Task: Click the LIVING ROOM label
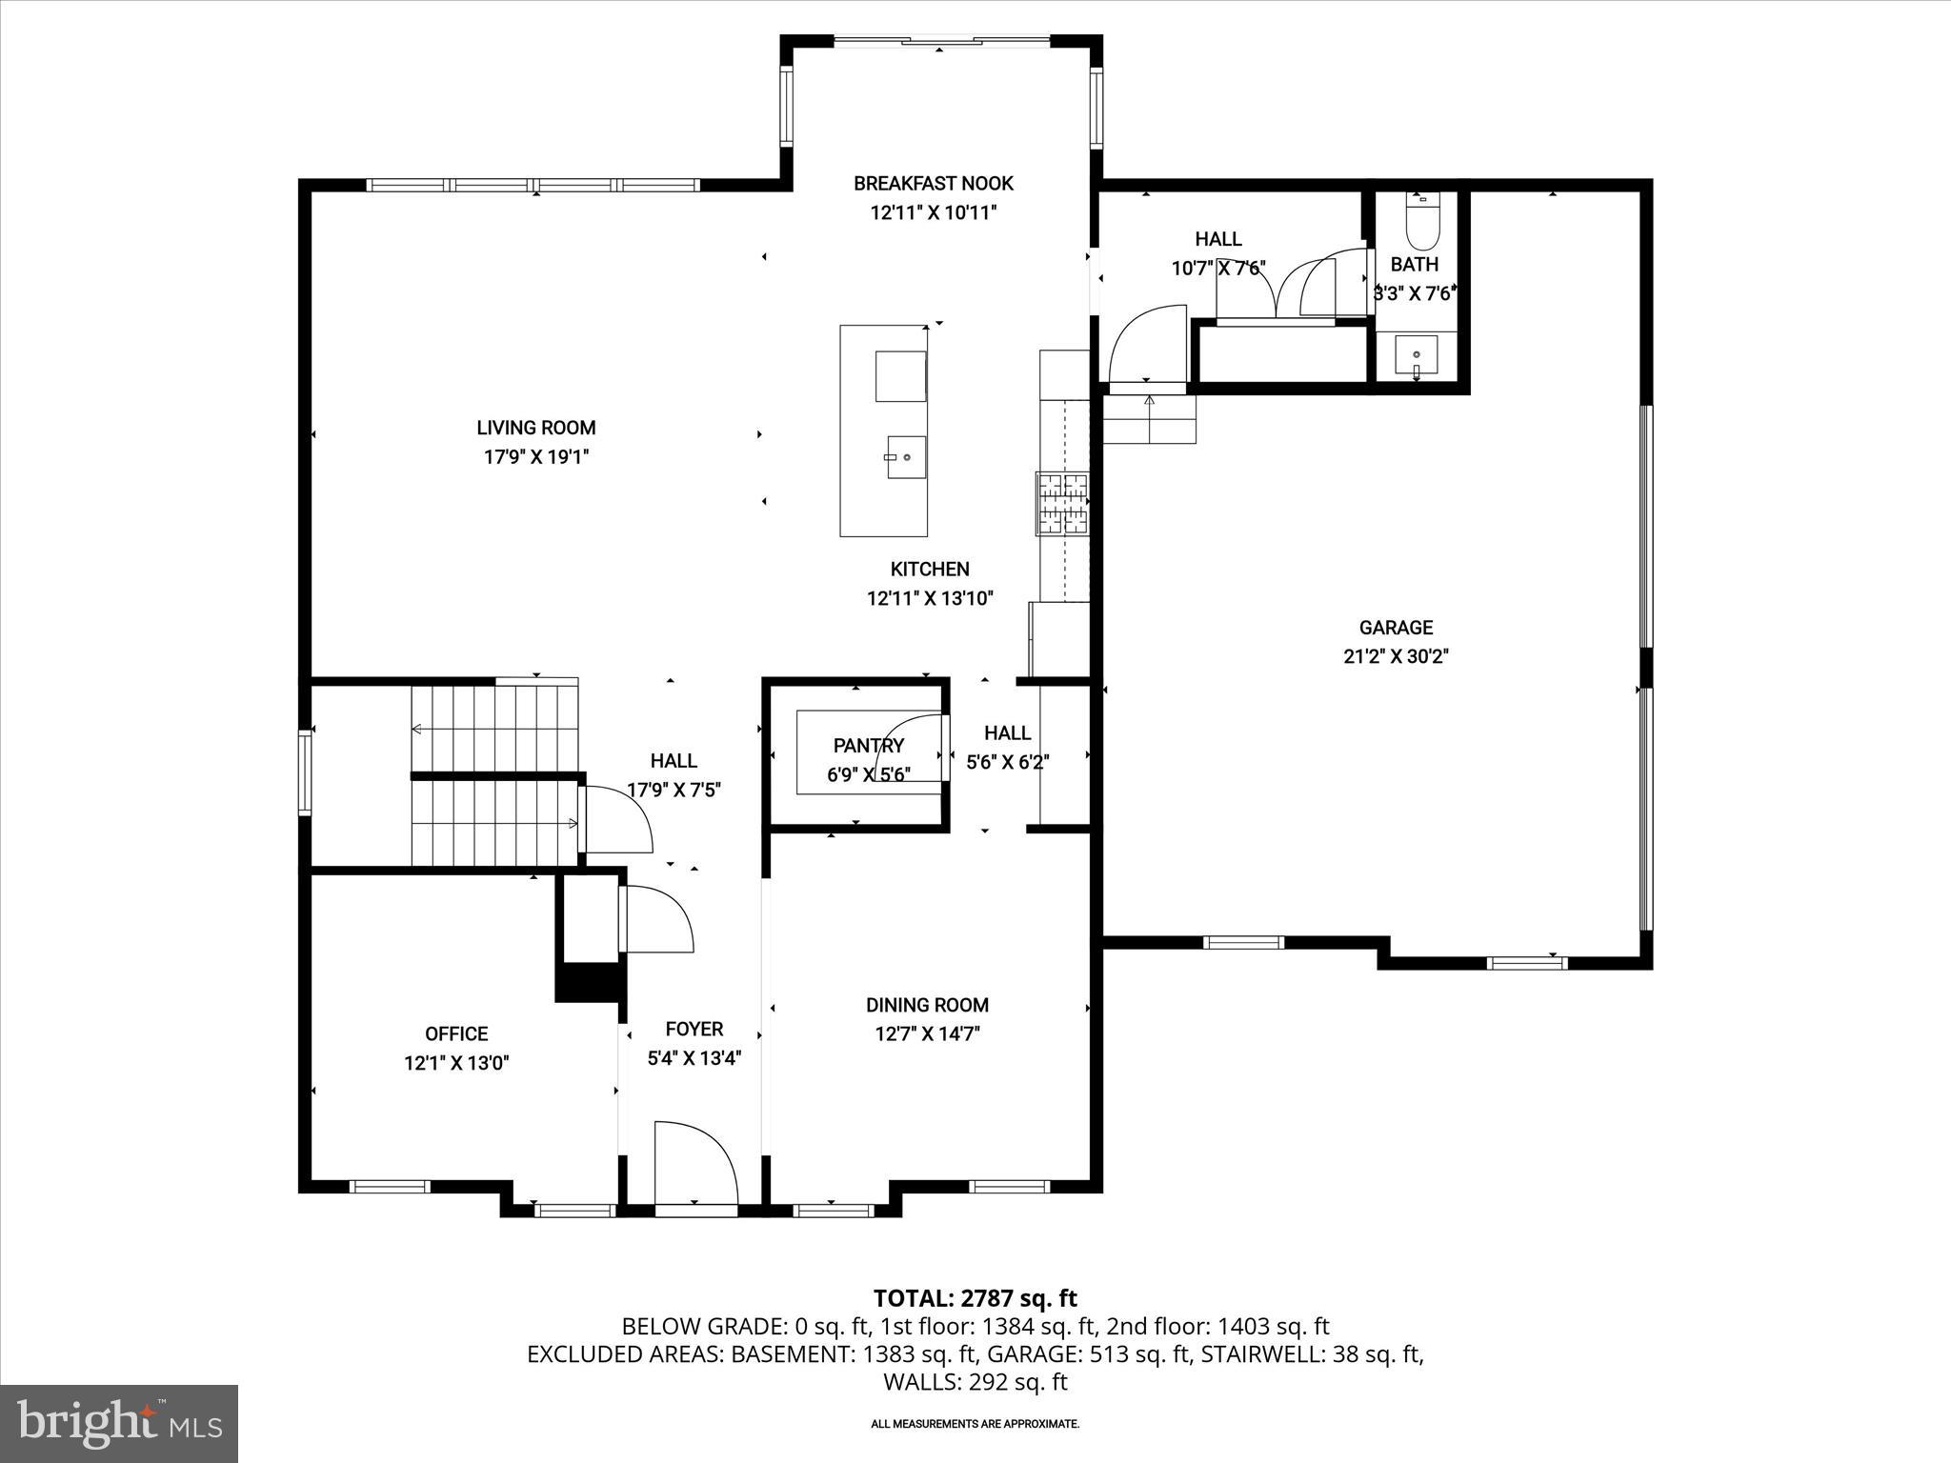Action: point(536,428)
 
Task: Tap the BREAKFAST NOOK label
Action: point(933,183)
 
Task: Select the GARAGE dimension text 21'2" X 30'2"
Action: point(1396,656)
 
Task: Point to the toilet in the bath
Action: point(1423,219)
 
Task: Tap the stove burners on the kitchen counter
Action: point(1063,503)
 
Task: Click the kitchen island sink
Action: point(906,457)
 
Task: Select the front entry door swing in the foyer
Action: point(695,1164)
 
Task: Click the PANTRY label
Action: point(868,746)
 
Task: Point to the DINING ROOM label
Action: point(927,1005)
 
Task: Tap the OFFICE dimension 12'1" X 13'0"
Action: point(456,1063)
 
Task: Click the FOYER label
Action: point(694,1029)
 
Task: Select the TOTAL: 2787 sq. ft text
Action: point(975,1298)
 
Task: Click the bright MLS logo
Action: point(119,1423)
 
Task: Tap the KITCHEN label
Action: point(929,569)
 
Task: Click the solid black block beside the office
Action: point(589,982)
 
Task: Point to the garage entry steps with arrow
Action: point(1149,419)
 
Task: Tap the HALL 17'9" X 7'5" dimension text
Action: point(674,790)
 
